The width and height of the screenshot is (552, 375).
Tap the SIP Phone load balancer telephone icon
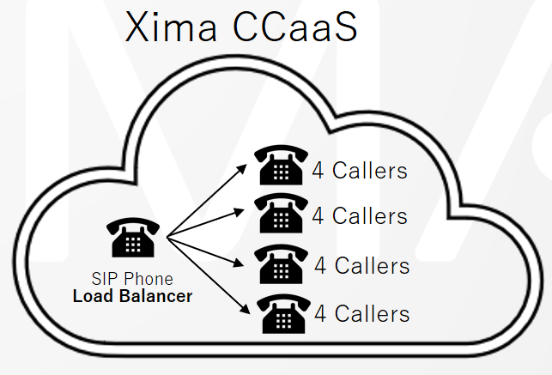click(132, 239)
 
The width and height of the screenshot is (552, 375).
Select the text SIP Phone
click(132, 279)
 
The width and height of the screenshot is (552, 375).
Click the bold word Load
click(91, 296)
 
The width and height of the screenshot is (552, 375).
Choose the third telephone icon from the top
click(282, 264)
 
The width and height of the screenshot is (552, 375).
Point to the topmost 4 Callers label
click(359, 170)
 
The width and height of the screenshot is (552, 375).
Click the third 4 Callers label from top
click(361, 265)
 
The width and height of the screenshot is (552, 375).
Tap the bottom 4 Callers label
click(361, 312)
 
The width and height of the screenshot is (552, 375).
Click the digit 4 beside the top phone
click(317, 170)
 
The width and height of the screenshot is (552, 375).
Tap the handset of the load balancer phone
click(132, 227)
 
